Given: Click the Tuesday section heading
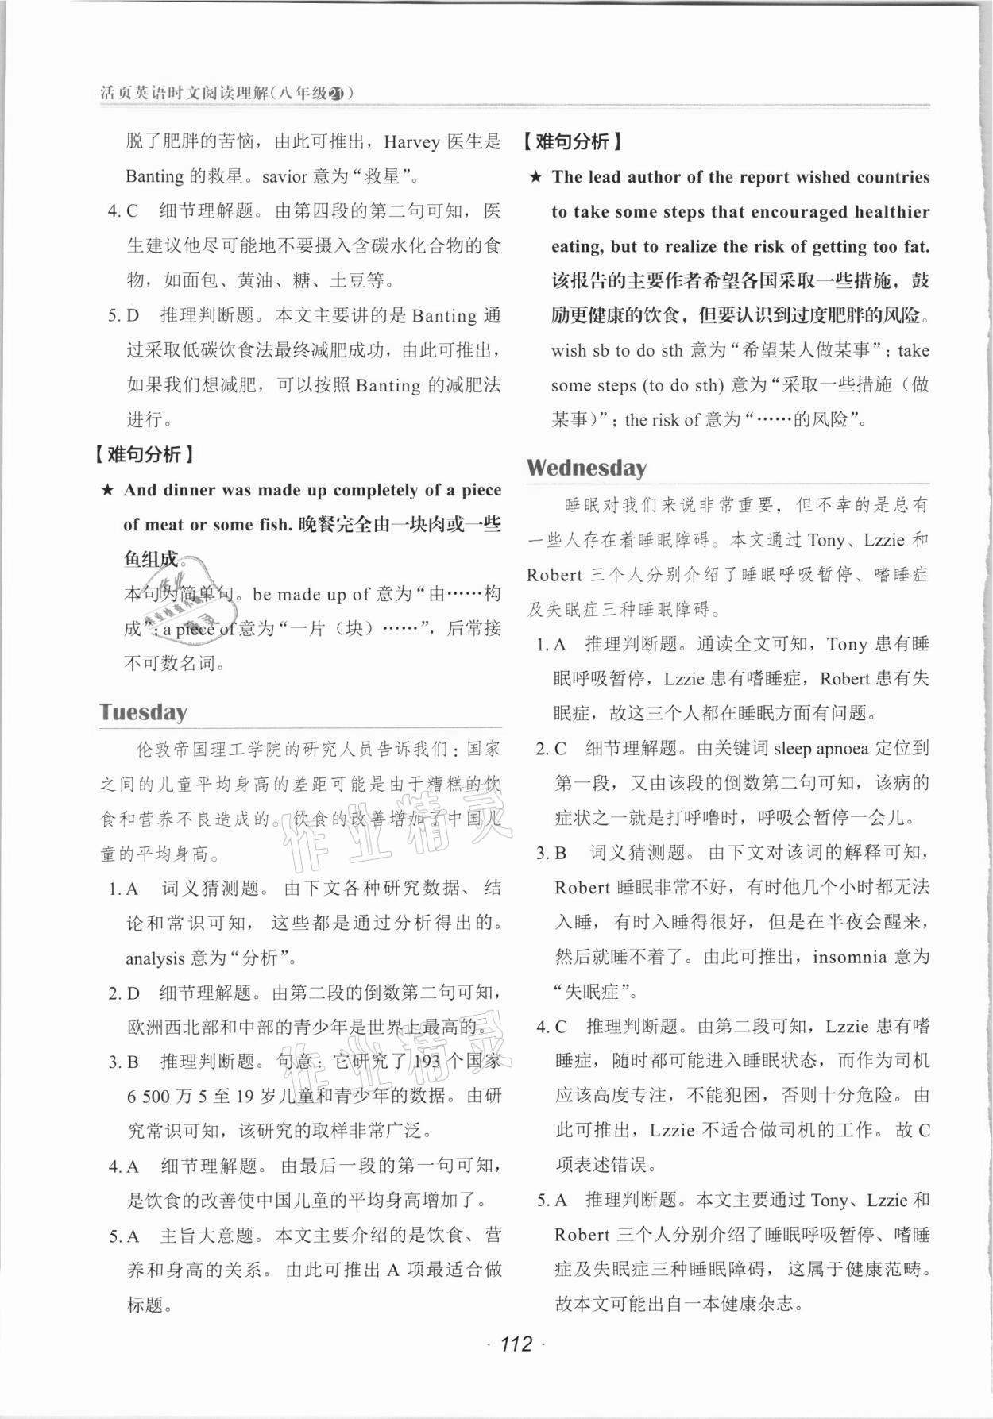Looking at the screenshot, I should [143, 711].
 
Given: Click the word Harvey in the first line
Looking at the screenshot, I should [411, 142].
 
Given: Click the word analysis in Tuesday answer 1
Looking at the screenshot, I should [155, 958].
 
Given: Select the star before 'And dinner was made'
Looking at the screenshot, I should [107, 490].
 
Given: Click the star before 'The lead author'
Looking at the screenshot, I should [536, 177].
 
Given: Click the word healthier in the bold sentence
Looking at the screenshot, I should [891, 212].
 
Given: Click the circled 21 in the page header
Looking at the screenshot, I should [336, 93].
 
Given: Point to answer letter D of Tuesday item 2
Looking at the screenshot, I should [133, 993].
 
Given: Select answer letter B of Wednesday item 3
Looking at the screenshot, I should [561, 853].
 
